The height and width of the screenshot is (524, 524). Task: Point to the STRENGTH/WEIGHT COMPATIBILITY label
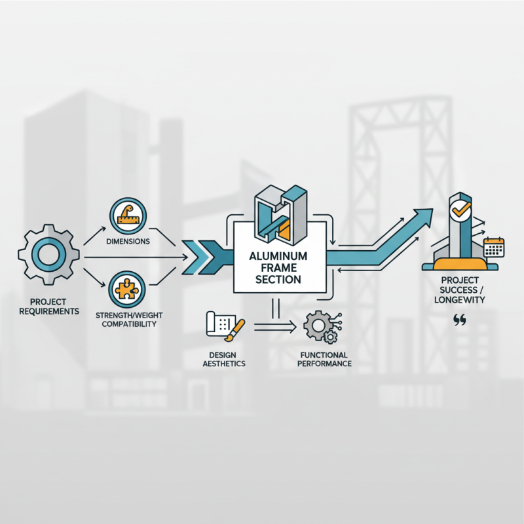(128, 319)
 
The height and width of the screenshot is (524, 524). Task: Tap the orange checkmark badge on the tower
(458, 210)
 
